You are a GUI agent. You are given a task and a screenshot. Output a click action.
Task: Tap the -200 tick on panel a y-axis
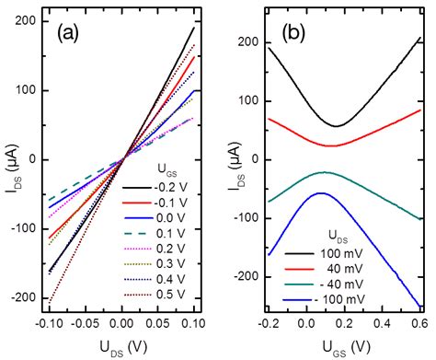tap(31, 298)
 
